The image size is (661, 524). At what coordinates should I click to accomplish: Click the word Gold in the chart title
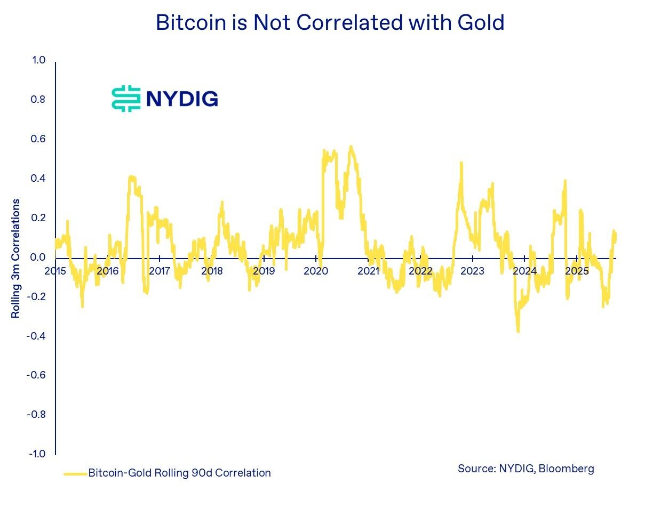(x=480, y=22)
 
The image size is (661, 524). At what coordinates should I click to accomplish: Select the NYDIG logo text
(x=181, y=99)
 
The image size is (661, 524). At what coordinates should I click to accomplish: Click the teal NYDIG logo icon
(x=126, y=99)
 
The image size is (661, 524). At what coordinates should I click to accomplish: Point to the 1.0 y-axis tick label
(x=39, y=60)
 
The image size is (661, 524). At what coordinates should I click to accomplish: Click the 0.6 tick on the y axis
(x=39, y=139)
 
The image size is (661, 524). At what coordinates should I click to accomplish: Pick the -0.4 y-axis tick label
(x=37, y=336)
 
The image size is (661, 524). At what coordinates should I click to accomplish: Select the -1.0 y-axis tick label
(x=37, y=454)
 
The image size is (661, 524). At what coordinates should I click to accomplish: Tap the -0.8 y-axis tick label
(x=37, y=414)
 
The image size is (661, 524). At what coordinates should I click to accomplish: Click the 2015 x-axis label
(x=55, y=271)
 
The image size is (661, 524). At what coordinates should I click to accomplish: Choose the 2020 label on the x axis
(x=316, y=271)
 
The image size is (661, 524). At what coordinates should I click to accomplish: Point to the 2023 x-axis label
(x=472, y=271)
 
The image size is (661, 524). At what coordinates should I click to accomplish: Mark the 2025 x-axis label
(x=577, y=271)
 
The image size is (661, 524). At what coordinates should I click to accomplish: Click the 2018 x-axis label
(x=212, y=271)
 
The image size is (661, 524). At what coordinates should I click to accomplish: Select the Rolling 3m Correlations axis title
(x=16, y=259)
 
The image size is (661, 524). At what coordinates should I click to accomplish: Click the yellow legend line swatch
(x=75, y=473)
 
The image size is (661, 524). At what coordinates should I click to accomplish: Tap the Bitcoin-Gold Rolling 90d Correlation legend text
(x=179, y=473)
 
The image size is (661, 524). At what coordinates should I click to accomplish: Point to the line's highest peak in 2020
(x=351, y=147)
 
